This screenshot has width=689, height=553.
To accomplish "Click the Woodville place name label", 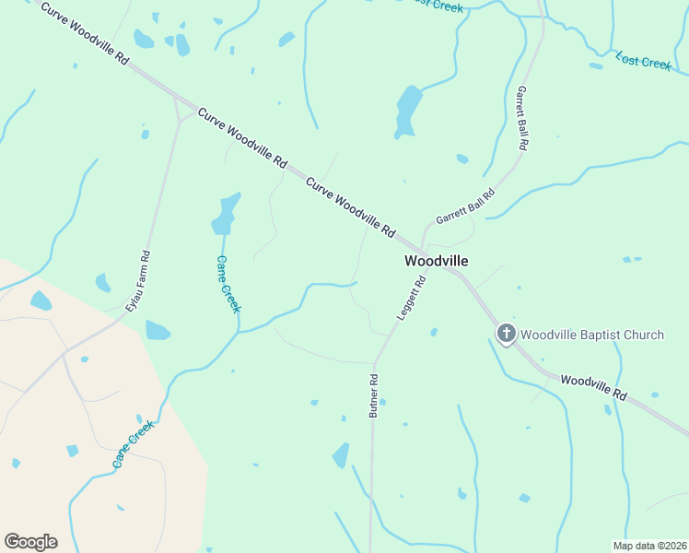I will pyautogui.click(x=437, y=261).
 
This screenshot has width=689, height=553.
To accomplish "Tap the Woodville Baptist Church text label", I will pyautogui.click(x=592, y=334).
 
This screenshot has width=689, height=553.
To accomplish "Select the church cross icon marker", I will pyautogui.click(x=506, y=334).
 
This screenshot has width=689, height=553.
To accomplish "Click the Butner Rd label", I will pyautogui.click(x=374, y=396).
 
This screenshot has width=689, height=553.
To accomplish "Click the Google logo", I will pyautogui.click(x=30, y=541).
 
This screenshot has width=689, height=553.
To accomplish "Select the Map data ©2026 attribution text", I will pyautogui.click(x=649, y=546).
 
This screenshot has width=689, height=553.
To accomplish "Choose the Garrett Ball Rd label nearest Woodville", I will pyautogui.click(x=465, y=207).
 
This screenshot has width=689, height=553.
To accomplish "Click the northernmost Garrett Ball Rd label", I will pyautogui.click(x=521, y=119).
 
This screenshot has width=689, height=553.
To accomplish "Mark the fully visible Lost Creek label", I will pyautogui.click(x=644, y=61).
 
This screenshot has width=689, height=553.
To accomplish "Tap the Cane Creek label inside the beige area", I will pyautogui.click(x=134, y=444).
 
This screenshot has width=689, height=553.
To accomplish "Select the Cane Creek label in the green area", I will pyautogui.click(x=228, y=284).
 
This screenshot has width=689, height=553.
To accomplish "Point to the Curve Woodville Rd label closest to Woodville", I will pyautogui.click(x=350, y=206).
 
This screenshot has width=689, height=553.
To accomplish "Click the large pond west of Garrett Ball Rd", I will pyautogui.click(x=407, y=111).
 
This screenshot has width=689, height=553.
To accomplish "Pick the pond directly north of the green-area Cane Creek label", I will pyautogui.click(x=225, y=215).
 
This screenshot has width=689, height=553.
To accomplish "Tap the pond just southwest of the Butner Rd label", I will pyautogui.click(x=341, y=454).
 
